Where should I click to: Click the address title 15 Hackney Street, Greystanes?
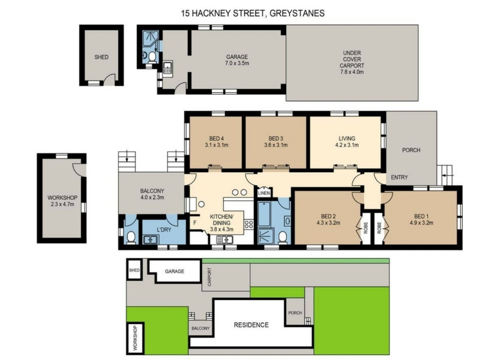coord(253,13)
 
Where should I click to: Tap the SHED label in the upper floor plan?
coord(101,57)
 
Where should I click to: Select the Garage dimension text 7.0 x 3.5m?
coord(237,64)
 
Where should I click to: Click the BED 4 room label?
coord(217,139)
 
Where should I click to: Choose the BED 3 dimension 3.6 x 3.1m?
coord(276,145)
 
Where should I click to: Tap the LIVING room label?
coord(347,139)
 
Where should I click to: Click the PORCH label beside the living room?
coord(411,150)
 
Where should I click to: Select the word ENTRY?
coord(400,177)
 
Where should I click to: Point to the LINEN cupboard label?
coord(264,193)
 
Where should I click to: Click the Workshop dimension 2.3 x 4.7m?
coord(62,204)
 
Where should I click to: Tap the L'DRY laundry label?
coord(164,230)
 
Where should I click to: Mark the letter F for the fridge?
coord(194,223)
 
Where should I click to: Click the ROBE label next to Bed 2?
coord(365,228)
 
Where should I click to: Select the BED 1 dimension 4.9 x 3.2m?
coord(421,223)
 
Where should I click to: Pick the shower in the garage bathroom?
coord(151,37)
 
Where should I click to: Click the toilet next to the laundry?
coord(131,237)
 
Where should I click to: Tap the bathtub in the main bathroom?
coord(264,214)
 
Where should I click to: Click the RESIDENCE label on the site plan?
coord(251,325)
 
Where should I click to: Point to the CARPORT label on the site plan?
coord(209,277)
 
